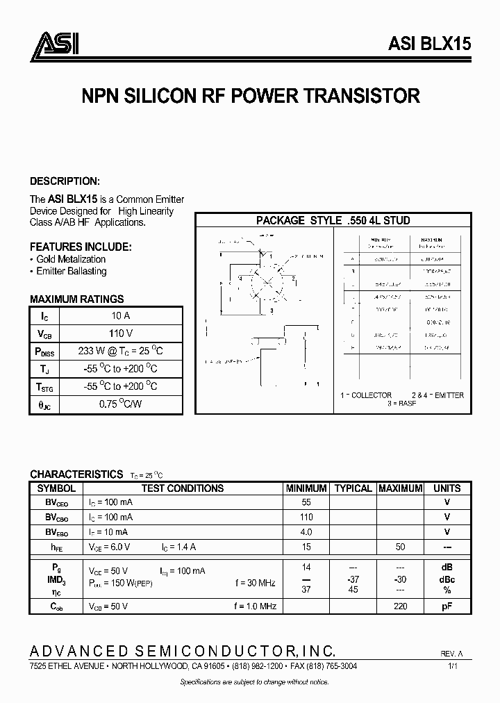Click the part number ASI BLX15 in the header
coord(429,43)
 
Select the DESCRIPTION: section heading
coord(65,181)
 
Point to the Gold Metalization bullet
coord(68,259)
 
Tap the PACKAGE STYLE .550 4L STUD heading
coord(333,220)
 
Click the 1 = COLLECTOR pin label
coord(366,395)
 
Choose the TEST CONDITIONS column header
coord(182,488)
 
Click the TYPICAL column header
coord(353,488)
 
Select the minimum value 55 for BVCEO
coord(306,502)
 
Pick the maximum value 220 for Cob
coord(401,606)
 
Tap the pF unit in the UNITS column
coord(447,606)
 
